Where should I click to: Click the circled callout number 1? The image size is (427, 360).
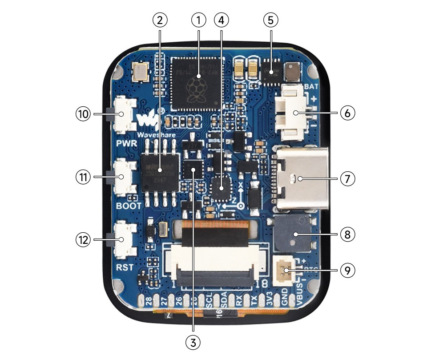click(199, 20)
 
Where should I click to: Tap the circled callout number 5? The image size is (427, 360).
click(270, 20)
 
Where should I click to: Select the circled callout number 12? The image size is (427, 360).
click(83, 240)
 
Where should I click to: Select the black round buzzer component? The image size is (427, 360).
click(292, 234)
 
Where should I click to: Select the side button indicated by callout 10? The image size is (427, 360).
click(123, 113)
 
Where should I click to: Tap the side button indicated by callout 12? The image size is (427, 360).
click(123, 240)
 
